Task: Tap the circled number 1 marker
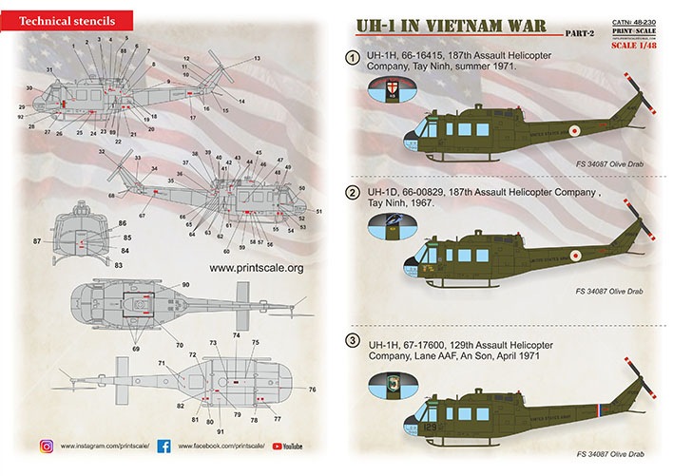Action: pyautogui.click(x=352, y=59)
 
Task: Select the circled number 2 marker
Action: pyautogui.click(x=352, y=193)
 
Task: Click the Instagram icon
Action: pyautogui.click(x=46, y=446)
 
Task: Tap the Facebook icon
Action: pyautogui.click(x=163, y=446)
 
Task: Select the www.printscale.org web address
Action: pyautogui.click(x=256, y=269)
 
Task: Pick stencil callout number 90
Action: pyautogui.click(x=185, y=285)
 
